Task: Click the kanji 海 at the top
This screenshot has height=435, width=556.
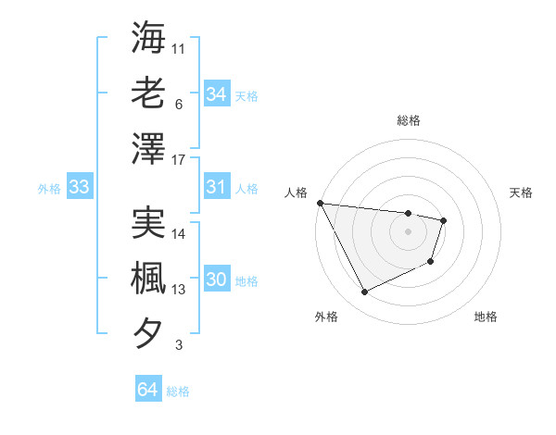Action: (147, 38)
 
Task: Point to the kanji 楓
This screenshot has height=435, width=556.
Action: (147, 277)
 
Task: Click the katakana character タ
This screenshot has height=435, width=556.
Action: (147, 332)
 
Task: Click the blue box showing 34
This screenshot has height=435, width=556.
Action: (217, 93)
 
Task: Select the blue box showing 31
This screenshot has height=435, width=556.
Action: (217, 188)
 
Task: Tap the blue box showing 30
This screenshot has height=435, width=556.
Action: (217, 280)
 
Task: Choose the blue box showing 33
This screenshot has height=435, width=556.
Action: (79, 188)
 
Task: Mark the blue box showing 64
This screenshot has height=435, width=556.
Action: (148, 390)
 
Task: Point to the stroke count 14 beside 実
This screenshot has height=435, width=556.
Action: (180, 233)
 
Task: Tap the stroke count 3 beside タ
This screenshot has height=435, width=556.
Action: (179, 345)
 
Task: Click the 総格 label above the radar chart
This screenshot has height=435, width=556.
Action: (409, 120)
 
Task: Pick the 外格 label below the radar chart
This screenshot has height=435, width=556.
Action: (326, 317)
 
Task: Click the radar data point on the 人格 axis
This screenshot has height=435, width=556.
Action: (320, 203)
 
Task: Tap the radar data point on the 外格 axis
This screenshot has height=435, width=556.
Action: (364, 292)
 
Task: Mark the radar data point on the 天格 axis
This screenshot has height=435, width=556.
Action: (445, 220)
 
